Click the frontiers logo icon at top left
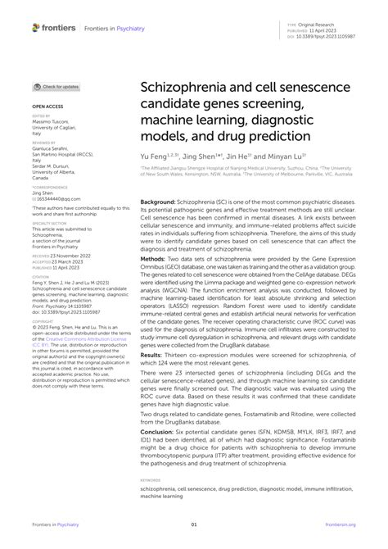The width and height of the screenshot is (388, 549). (35, 28)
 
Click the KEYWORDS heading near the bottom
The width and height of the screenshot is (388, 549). (151, 480)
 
